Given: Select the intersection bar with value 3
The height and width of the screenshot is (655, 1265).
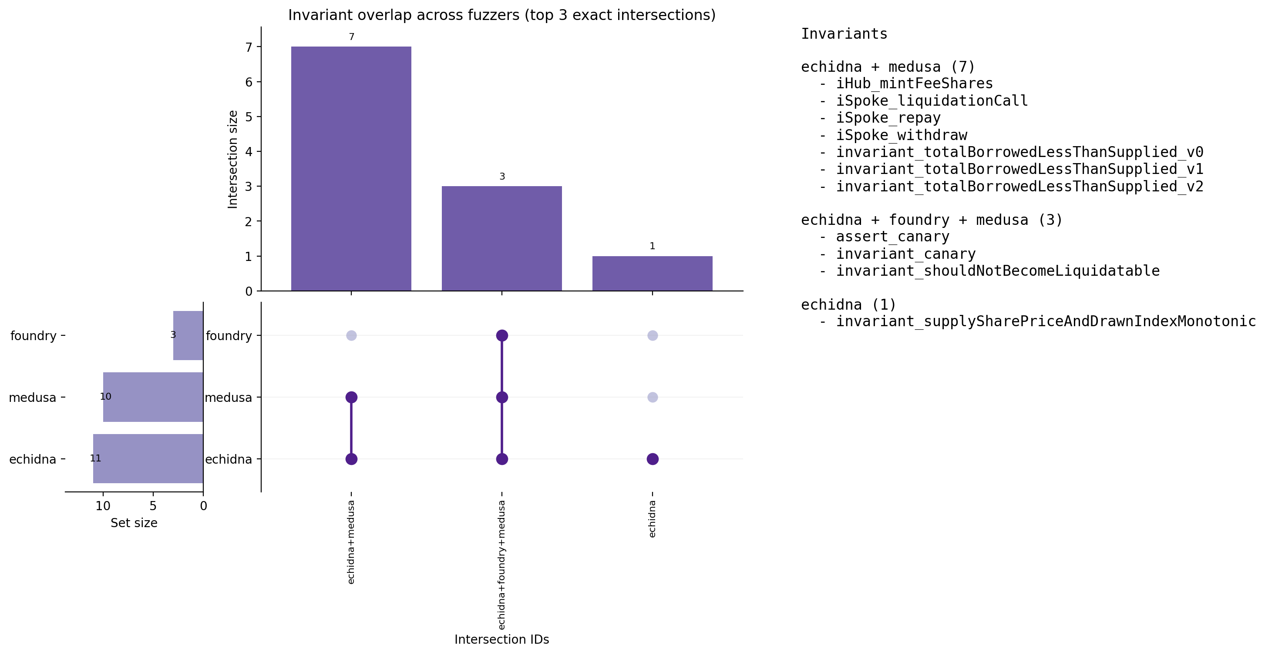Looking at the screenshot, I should point(501,238).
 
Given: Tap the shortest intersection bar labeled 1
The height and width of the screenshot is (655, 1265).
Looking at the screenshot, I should point(652,273).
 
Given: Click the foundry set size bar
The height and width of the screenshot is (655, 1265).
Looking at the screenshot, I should point(188,336).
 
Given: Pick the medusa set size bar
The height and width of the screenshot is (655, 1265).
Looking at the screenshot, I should point(153,397).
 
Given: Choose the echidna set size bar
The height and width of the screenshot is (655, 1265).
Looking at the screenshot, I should point(148,459).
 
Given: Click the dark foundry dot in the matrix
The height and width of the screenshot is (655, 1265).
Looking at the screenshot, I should point(501,336).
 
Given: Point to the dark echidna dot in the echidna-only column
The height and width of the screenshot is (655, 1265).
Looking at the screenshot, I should point(652,459).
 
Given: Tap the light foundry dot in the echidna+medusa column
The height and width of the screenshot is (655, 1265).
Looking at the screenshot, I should point(351,336).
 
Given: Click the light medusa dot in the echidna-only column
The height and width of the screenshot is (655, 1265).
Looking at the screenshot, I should point(652,397).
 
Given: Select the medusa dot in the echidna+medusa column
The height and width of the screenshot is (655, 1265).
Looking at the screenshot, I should point(351,397).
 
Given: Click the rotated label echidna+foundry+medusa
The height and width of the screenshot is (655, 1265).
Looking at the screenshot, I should point(501,564).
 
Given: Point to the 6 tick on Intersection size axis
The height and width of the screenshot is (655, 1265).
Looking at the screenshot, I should point(249,82).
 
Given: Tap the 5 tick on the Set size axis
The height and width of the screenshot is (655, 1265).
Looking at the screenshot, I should point(153,505).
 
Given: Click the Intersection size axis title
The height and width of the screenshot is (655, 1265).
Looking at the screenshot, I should point(233,160).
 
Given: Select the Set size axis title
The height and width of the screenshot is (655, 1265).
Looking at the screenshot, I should point(134,523).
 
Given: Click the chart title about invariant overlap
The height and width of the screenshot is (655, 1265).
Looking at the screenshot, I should point(501,15).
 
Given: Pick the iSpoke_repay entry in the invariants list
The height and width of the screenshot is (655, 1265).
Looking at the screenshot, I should point(888,118).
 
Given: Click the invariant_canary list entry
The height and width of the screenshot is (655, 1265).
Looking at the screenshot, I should point(905,254).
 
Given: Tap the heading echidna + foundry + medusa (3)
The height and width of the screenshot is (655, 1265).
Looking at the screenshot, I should point(932,220).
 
